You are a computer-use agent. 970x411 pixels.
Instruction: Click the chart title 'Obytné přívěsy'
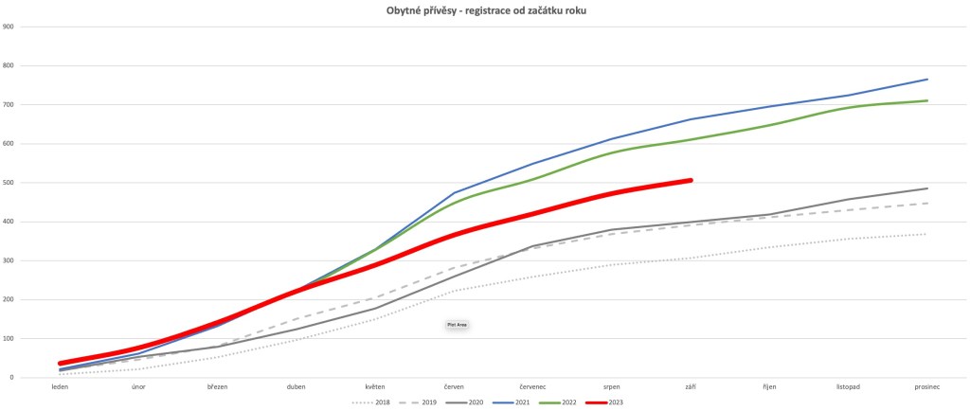click(484, 9)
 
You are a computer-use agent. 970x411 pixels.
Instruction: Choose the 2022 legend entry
click(559, 402)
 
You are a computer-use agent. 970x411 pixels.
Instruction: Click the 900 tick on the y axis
click(8, 27)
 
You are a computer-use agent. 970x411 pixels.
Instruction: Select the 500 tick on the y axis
click(8, 183)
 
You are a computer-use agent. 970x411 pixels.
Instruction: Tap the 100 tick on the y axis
click(8, 339)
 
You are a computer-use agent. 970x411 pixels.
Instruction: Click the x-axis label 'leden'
click(60, 386)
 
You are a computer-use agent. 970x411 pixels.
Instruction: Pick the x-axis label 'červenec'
click(532, 386)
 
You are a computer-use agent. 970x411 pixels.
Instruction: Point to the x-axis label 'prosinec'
click(925, 386)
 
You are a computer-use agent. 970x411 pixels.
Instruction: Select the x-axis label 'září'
click(690, 386)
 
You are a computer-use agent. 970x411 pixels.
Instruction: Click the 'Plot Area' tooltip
click(458, 324)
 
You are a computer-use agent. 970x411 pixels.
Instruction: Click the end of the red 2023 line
click(691, 180)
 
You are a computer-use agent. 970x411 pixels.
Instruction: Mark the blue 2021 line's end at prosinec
click(926, 80)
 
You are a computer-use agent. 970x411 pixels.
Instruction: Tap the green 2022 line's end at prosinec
click(926, 100)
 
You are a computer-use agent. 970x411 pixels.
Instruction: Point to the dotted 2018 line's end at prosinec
click(926, 234)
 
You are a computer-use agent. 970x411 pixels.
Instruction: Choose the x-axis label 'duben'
click(296, 386)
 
